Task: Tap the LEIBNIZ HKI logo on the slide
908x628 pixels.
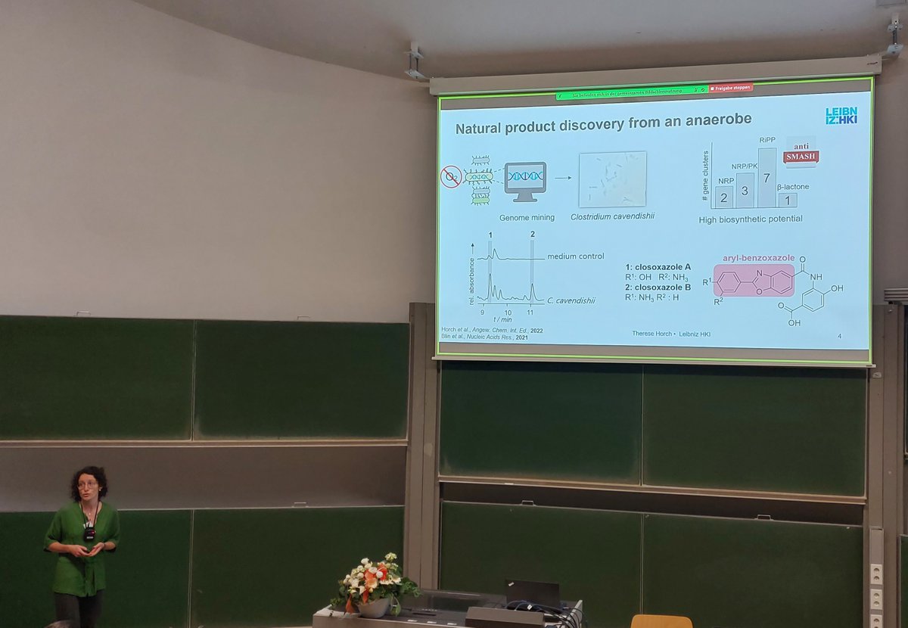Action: tap(841, 115)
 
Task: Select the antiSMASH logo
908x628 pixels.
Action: tap(801, 153)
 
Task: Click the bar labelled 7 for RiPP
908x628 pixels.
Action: tap(767, 178)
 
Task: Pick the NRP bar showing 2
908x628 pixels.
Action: tap(724, 197)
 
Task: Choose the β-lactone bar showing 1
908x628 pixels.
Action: tap(787, 200)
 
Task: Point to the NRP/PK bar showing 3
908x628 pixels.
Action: tap(745, 191)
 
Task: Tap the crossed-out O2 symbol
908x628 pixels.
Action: tap(451, 178)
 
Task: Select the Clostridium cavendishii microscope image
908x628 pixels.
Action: tap(612, 179)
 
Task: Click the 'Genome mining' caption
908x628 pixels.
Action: tap(527, 218)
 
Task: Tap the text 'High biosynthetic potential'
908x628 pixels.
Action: tap(751, 219)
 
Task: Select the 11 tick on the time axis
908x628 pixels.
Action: tap(530, 312)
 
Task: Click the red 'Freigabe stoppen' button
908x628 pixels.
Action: tap(731, 89)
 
